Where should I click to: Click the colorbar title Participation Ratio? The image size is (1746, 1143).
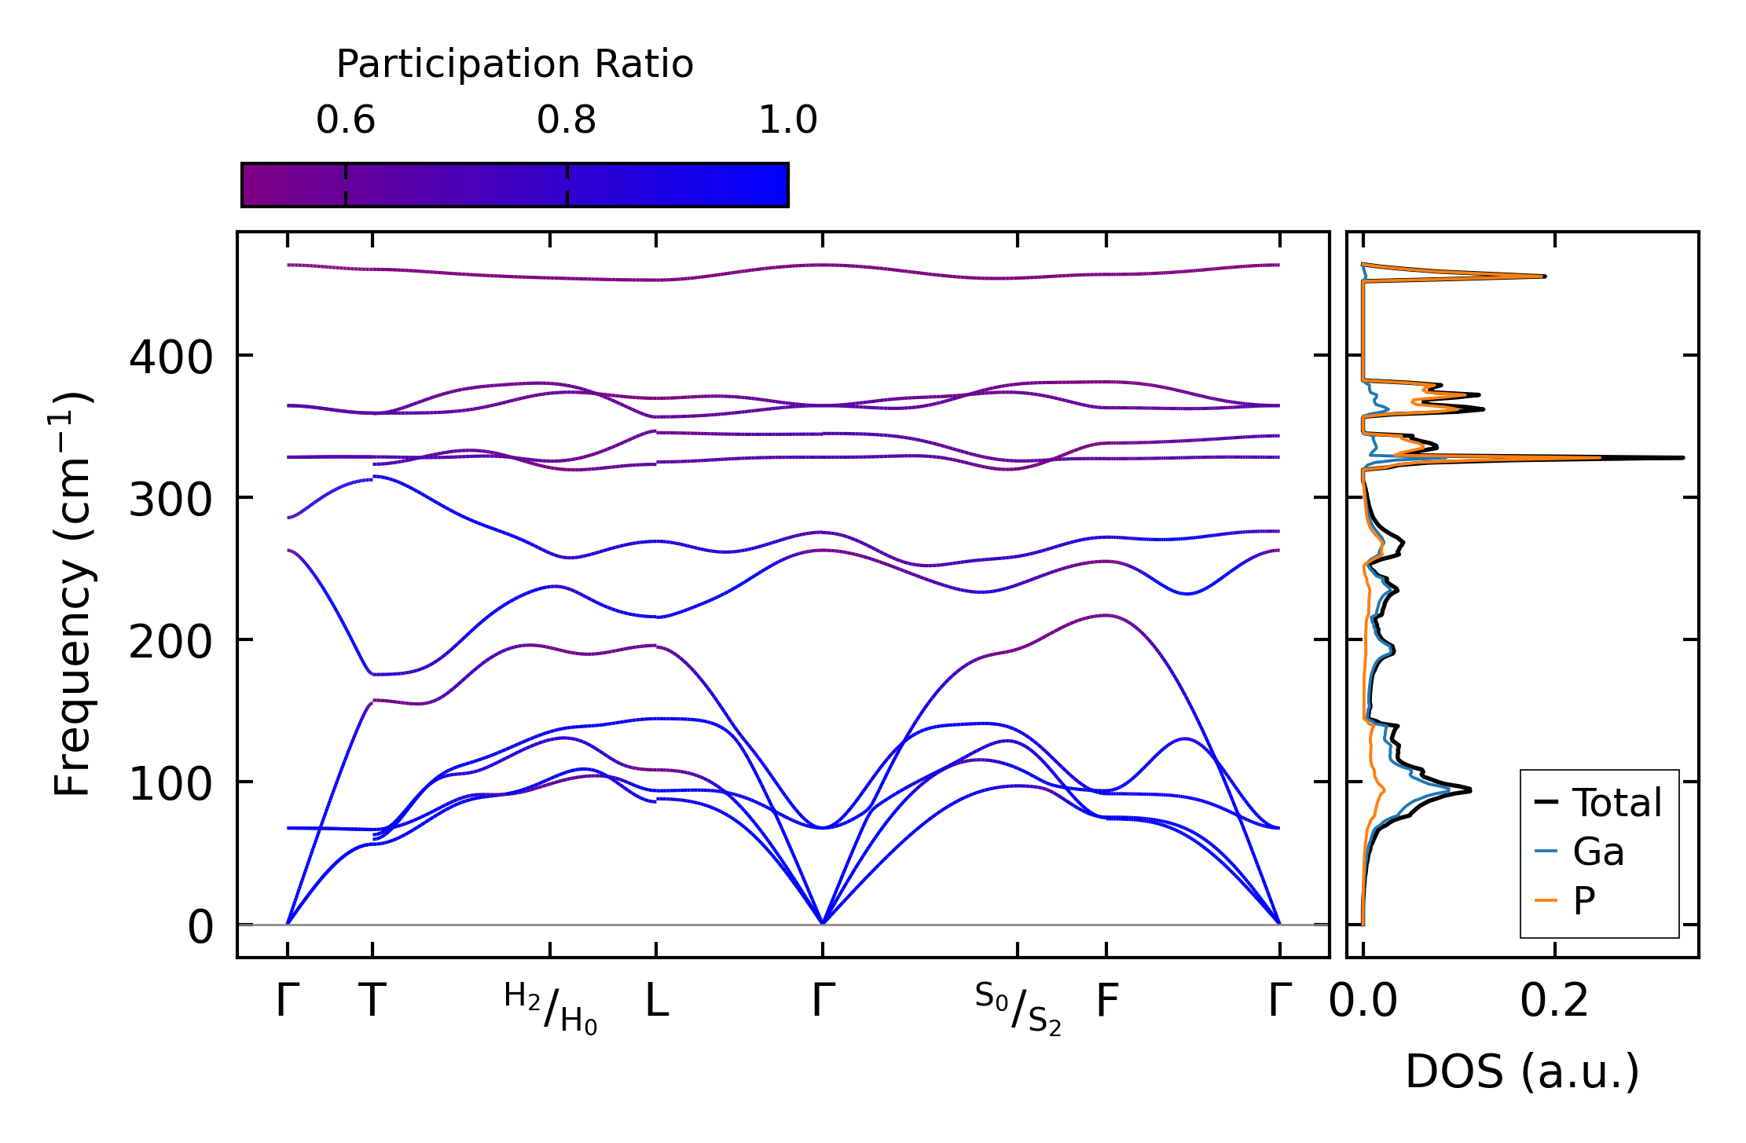coord(515,64)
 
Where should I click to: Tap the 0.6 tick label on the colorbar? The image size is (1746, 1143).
coord(346,120)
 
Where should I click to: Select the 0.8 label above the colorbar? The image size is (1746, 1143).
coord(567,120)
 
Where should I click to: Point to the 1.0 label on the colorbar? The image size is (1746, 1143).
coord(788,120)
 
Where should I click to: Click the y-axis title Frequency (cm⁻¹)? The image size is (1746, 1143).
coord(73,594)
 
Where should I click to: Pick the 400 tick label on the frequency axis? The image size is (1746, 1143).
coord(171,357)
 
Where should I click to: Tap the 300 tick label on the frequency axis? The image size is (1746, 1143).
coord(171,500)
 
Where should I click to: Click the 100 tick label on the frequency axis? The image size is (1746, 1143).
coord(171,784)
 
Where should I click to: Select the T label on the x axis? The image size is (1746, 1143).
coord(372,1002)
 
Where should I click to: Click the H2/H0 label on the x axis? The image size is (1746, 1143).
coord(551,1008)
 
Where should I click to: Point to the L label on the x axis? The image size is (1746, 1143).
coord(657,1002)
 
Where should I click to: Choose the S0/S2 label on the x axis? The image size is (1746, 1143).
coord(1018,1008)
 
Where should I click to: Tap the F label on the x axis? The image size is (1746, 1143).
coord(1107,1002)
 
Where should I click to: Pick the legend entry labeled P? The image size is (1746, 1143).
coord(1583,900)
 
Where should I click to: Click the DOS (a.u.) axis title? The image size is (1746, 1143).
coord(1522,1072)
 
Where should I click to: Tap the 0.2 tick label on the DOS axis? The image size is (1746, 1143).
coord(1554,1002)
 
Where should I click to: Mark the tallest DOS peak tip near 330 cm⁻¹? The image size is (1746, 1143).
coord(1682,457)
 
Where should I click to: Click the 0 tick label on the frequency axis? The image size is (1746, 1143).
coord(200,927)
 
